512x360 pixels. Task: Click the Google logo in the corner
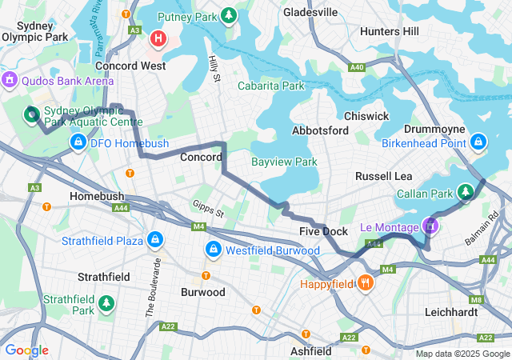click(26, 350)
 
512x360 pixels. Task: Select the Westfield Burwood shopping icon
click(214, 250)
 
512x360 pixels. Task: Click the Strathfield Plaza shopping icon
click(153, 240)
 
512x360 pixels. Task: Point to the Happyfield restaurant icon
click(366, 283)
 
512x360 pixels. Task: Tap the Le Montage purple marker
click(430, 227)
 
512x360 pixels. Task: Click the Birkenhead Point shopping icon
click(478, 142)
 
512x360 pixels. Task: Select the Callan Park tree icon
click(466, 192)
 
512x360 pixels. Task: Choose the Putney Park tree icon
click(229, 15)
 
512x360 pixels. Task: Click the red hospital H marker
click(159, 38)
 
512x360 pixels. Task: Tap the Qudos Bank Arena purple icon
click(10, 80)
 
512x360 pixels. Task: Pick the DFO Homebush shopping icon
click(78, 142)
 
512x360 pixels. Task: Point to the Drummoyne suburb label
click(432, 129)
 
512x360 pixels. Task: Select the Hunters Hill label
click(390, 31)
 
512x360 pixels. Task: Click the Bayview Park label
click(284, 162)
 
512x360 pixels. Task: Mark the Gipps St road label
click(207, 209)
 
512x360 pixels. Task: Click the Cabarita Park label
click(271, 86)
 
